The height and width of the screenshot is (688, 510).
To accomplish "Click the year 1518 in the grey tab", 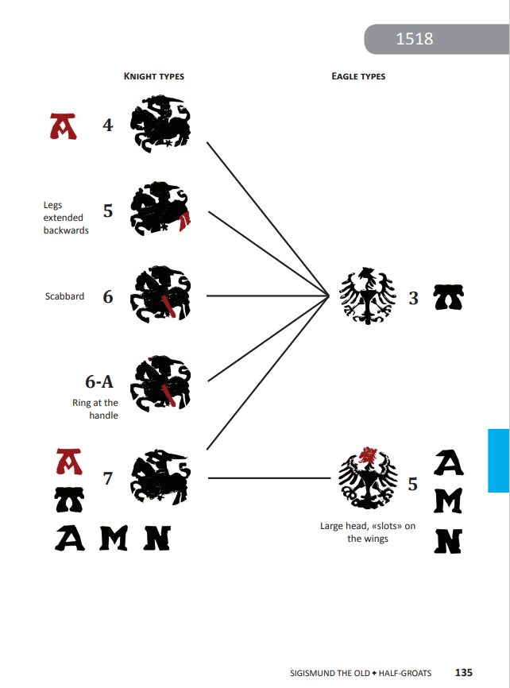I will point(414,39).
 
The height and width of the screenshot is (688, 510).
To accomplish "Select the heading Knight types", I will point(154,76).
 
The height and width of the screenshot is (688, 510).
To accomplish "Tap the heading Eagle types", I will point(358,76).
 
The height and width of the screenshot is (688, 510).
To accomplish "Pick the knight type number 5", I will point(108,211).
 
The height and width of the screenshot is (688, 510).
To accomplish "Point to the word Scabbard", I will point(64,296).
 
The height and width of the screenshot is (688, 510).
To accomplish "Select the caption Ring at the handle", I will point(96,408).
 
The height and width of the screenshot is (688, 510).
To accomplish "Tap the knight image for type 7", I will point(160,477).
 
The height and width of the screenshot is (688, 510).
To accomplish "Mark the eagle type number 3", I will point(413,299).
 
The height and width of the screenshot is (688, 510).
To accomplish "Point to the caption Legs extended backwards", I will point(65,218).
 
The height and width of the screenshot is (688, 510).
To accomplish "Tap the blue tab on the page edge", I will point(498,461).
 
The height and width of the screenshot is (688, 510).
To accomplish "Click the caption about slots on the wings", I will point(367,532).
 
